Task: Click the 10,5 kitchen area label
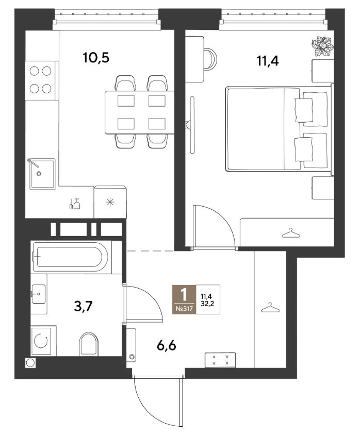[x=96, y=58]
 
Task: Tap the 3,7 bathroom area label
[x=83, y=307]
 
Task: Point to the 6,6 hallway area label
[x=167, y=346]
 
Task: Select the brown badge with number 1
[x=184, y=299]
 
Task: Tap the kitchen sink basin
[x=42, y=174]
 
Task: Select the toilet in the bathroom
[x=89, y=344]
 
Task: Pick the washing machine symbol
[x=41, y=341]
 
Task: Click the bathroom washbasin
[x=38, y=294]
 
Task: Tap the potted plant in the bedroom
[x=322, y=46]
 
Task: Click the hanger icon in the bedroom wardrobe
[x=291, y=233]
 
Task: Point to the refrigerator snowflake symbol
[x=110, y=202]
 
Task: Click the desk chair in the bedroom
[x=210, y=59]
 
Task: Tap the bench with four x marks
[x=220, y=360]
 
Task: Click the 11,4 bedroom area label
[x=268, y=61]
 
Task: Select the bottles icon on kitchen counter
[x=75, y=204]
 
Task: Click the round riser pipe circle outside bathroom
[x=30, y=363]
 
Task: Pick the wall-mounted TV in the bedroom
[x=191, y=125]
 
